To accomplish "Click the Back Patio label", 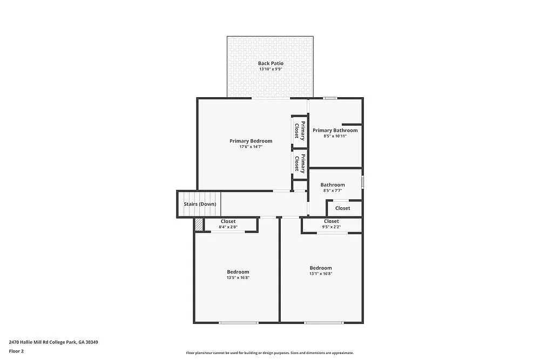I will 271,63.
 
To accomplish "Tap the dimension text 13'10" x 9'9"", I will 271,70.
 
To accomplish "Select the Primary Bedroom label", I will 251,141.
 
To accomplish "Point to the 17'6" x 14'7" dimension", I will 251,147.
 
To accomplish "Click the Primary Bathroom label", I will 335,130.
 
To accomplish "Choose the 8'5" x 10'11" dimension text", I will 335,136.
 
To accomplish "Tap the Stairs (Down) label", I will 200,204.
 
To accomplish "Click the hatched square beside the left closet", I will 199,225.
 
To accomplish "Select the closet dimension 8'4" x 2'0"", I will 228,227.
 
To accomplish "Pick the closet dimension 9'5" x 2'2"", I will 332,227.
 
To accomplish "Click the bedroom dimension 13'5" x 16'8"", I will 238,277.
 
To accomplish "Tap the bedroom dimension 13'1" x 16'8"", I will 320,274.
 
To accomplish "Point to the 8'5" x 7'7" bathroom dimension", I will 333,191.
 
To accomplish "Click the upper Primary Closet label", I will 300,131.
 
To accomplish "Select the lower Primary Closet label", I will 300,163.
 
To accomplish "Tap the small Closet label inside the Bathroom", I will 342,208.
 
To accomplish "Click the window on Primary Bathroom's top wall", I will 330,98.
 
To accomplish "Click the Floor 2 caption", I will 16,351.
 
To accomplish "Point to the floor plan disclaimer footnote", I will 270,352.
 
